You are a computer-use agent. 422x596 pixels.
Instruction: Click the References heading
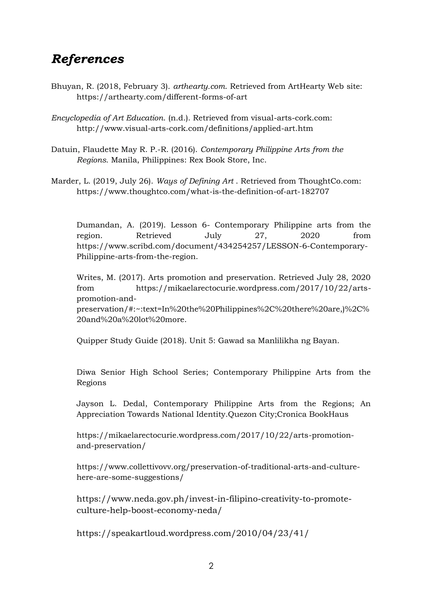88,59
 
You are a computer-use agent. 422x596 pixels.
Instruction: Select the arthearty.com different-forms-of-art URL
162,97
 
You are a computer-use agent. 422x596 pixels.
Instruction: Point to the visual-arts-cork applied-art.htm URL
195,128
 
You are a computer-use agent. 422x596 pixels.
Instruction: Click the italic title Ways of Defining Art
195,181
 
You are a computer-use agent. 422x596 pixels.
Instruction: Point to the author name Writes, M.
96,277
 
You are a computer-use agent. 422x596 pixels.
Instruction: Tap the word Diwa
86,372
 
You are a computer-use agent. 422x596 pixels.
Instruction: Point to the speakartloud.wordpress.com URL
192,533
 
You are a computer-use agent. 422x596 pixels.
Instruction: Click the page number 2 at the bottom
211,566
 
